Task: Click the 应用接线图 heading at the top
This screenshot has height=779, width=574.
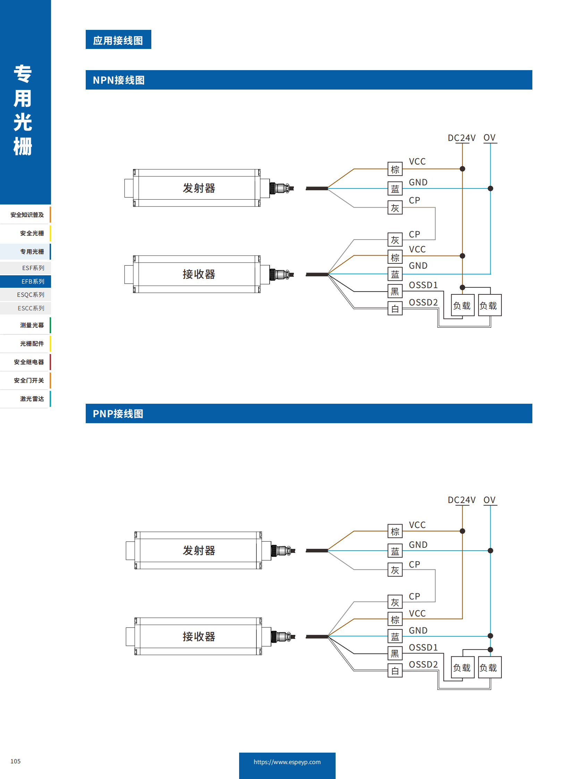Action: (118, 40)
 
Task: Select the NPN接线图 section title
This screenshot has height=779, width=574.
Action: (118, 80)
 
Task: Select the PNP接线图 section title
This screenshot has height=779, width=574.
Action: (118, 413)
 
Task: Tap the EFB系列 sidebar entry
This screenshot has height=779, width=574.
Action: (33, 281)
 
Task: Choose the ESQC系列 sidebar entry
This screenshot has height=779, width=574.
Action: (31, 294)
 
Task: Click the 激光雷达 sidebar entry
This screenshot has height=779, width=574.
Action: (32, 399)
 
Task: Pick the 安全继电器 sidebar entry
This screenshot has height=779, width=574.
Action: (29, 362)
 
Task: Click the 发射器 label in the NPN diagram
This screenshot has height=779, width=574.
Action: (199, 188)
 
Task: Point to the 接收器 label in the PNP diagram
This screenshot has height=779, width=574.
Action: (199, 636)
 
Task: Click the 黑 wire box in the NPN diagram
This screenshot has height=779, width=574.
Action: (395, 291)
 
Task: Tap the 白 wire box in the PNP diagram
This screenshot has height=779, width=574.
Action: (395, 671)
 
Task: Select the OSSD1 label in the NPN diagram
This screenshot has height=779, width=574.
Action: (423, 285)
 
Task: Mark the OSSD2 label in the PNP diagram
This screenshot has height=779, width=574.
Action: (423, 664)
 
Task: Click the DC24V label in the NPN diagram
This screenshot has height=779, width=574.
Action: (461, 138)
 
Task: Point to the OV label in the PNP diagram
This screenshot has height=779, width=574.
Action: (489, 500)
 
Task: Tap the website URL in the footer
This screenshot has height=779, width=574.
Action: (287, 762)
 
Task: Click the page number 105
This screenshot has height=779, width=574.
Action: (16, 761)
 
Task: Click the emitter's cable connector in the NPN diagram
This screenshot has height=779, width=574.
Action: (281, 188)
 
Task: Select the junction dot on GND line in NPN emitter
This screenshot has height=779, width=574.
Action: (490, 189)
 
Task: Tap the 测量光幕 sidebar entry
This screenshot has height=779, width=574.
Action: (32, 325)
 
